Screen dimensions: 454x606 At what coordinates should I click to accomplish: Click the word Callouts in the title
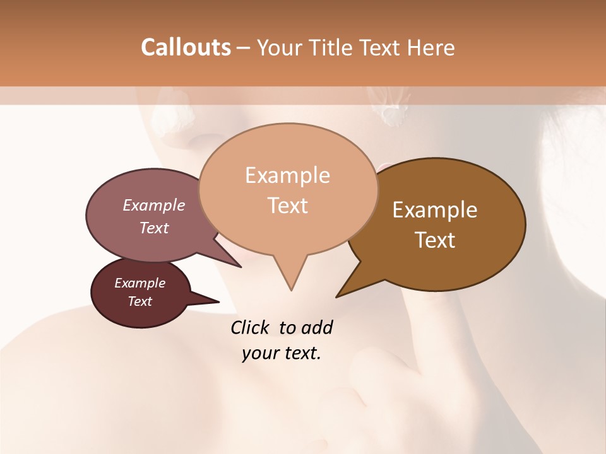pos(186,47)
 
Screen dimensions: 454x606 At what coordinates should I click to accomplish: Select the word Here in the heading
pos(431,47)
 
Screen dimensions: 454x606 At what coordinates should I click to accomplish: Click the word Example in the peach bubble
pos(287,175)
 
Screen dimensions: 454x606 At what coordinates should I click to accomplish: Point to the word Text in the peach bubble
pos(287,206)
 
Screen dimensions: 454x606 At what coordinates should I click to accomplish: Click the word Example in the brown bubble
pos(435,210)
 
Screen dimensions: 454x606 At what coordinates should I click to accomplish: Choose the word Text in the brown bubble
pos(435,240)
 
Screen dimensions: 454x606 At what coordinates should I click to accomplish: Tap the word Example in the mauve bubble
pos(153,206)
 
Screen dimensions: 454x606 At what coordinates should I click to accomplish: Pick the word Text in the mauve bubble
pos(153,228)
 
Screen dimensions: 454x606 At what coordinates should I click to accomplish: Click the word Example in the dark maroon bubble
pos(140,283)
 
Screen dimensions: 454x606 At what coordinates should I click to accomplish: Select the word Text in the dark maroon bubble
pos(140,301)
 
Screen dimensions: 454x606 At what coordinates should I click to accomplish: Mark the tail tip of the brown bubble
pos(337,296)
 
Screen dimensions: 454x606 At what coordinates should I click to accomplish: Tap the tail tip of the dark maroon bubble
pos(218,301)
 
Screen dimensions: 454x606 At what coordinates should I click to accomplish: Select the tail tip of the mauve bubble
pos(241,267)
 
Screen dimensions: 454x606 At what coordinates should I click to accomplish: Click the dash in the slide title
pos(244,48)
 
